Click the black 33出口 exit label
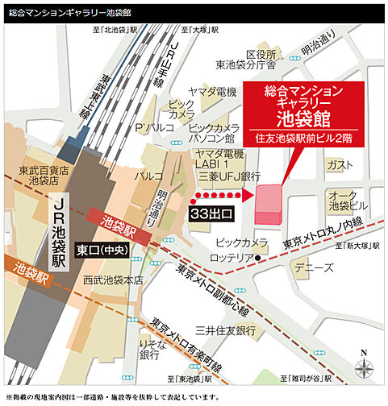(211, 213)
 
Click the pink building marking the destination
(269, 205)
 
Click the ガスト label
(340, 164)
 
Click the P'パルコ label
(150, 129)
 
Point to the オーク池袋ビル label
(348, 199)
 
